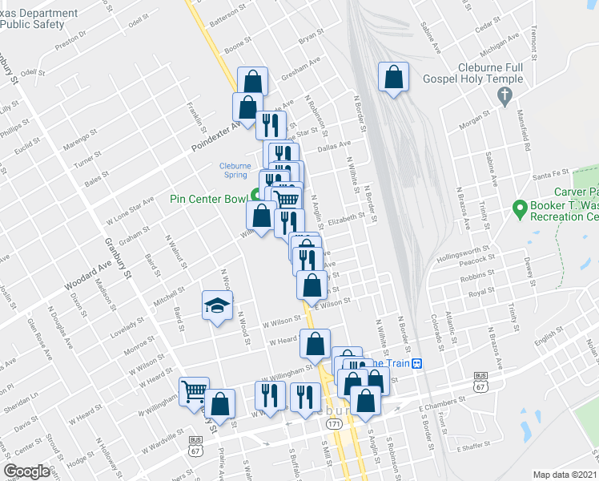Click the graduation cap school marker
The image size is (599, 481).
coord(216,305)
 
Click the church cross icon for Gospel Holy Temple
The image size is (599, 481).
coord(505,96)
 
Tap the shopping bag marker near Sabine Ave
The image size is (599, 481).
coord(393,78)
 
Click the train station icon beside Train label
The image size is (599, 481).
coord(416,363)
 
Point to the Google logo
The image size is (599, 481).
coord(27,471)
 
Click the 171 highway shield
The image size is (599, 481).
coord(333,422)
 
